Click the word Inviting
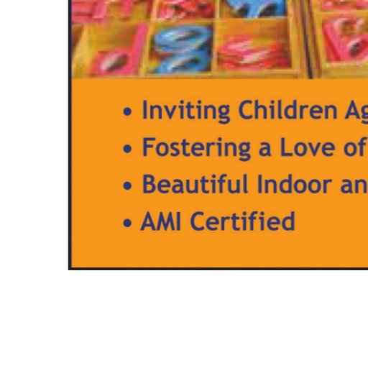point(186,111)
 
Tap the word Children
point(287,109)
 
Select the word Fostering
point(196,148)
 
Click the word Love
point(308,147)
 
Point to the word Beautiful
point(195,184)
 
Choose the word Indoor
point(295,184)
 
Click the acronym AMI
point(161,221)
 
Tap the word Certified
point(242,221)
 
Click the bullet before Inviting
point(127,111)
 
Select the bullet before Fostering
point(127,149)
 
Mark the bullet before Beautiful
point(127,185)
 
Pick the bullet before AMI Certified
point(127,223)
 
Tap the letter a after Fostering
point(265,150)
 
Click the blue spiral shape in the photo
point(183,49)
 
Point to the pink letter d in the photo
point(117,52)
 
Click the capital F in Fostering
point(149,147)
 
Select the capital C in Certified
point(198,221)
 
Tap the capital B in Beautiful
point(150,184)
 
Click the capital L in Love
point(286,147)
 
